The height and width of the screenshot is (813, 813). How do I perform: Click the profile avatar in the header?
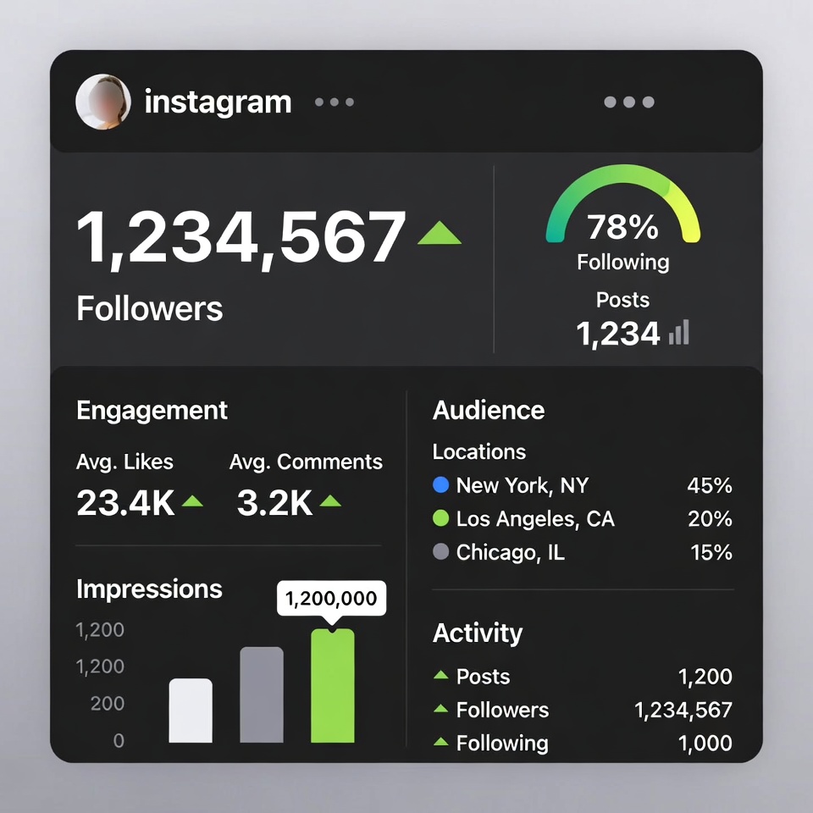tap(103, 102)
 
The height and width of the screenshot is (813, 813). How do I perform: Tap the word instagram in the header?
tap(218, 102)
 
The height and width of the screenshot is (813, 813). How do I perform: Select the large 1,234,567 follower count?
tap(241, 238)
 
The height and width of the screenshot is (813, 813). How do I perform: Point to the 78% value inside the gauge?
tap(622, 227)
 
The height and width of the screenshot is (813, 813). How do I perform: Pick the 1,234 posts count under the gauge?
tap(617, 334)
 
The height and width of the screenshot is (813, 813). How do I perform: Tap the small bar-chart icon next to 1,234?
tap(679, 332)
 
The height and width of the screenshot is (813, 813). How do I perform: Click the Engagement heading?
tap(152, 410)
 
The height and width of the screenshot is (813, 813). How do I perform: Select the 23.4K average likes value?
tap(125, 503)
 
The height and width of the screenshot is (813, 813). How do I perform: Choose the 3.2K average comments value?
tap(274, 503)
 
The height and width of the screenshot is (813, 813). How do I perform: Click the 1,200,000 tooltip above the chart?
tap(331, 599)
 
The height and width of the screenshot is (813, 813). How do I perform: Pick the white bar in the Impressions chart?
tap(191, 711)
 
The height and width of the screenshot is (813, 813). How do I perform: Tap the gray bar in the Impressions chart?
tap(262, 695)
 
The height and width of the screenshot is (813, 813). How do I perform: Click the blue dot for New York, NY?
tap(440, 485)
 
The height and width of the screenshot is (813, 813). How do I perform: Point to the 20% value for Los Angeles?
tap(710, 519)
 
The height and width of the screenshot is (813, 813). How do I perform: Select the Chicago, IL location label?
tap(510, 553)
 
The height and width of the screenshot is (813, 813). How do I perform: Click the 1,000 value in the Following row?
tap(705, 744)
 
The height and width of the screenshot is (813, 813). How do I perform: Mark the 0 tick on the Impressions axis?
tap(119, 741)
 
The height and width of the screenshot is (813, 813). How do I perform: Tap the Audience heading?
tap(489, 410)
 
